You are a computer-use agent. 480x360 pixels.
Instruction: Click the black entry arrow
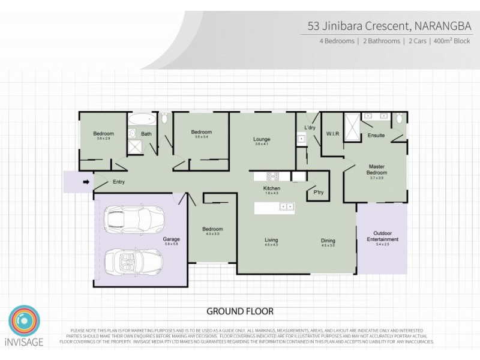tap(86, 182)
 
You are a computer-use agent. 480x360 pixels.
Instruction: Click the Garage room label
tap(171, 239)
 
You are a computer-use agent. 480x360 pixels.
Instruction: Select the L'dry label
tap(310, 128)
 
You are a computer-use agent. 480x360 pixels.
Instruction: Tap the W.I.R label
tap(332, 133)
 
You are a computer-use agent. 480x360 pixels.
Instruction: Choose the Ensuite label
tap(376, 135)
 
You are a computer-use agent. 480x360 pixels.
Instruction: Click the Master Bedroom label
tap(376, 169)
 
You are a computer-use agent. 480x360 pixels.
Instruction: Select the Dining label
tap(328, 241)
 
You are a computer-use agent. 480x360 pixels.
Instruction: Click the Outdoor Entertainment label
tap(386, 236)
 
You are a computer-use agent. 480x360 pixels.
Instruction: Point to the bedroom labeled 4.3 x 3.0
tap(212, 231)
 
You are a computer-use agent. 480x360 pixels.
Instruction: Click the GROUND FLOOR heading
tap(240, 311)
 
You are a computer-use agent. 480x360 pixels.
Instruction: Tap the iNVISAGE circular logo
tap(24, 322)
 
